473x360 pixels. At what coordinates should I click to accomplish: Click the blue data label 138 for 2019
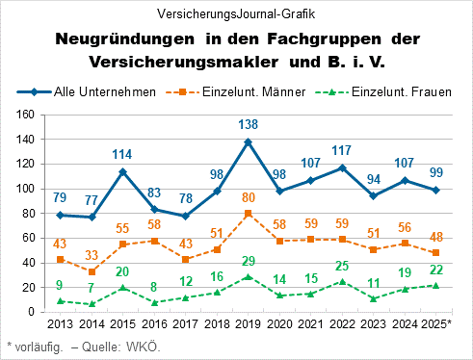[250, 125]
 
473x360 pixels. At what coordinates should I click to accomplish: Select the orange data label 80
[250, 198]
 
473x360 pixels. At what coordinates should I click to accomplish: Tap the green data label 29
[250, 262]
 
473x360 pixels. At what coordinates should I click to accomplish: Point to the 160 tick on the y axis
[26, 115]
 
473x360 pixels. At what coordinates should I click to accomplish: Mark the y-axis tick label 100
[26, 189]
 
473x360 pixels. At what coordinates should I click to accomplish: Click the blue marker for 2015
[123, 172]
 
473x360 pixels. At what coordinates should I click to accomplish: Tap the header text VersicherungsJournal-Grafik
[236, 13]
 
